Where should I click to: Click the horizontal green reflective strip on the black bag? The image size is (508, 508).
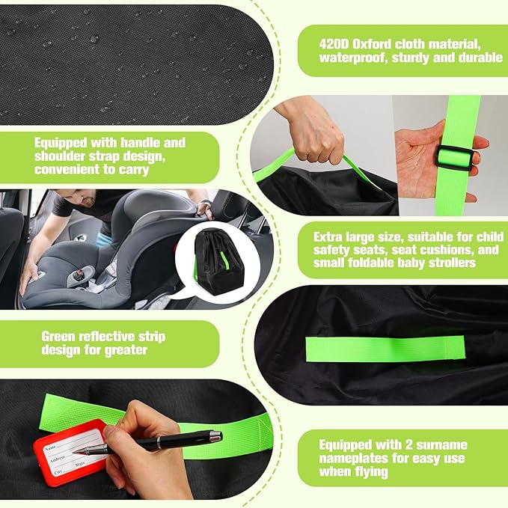(x=385, y=349)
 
